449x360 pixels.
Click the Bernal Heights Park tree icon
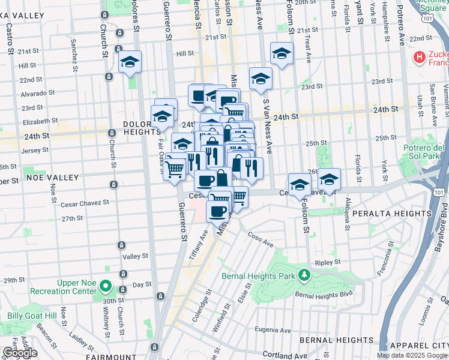[305, 275]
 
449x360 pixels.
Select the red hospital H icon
[420, 58]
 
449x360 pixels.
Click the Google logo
[19, 353]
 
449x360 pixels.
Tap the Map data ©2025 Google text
[412, 355]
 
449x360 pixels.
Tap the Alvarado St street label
[37, 93]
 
